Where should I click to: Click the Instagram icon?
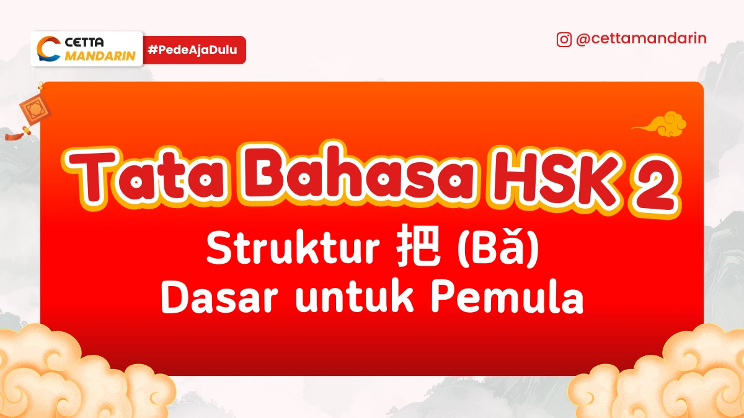point(564,40)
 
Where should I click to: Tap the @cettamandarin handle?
point(641,39)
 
